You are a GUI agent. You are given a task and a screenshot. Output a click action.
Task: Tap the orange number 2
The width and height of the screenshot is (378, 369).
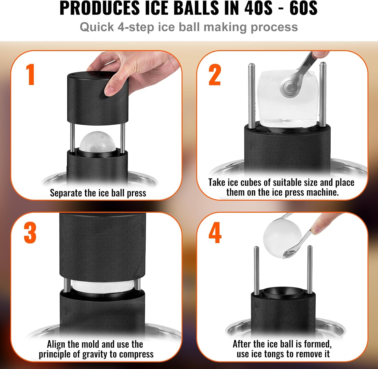pyautogui.click(x=215, y=75)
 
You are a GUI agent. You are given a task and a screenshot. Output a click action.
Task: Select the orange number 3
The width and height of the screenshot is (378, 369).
pyautogui.click(x=30, y=233)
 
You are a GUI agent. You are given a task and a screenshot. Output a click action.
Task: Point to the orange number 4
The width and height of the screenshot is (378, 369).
pyautogui.click(x=215, y=233)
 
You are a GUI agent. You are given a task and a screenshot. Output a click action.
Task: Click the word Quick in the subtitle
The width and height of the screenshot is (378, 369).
pyautogui.click(x=97, y=27)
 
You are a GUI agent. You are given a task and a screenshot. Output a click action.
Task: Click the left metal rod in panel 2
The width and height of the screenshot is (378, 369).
pyautogui.click(x=251, y=96)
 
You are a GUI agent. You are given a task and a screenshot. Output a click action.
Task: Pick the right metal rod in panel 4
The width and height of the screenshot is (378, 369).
pyautogui.click(x=310, y=269)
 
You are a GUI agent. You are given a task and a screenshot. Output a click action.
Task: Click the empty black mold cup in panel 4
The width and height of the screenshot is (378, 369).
pyautogui.click(x=283, y=292)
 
